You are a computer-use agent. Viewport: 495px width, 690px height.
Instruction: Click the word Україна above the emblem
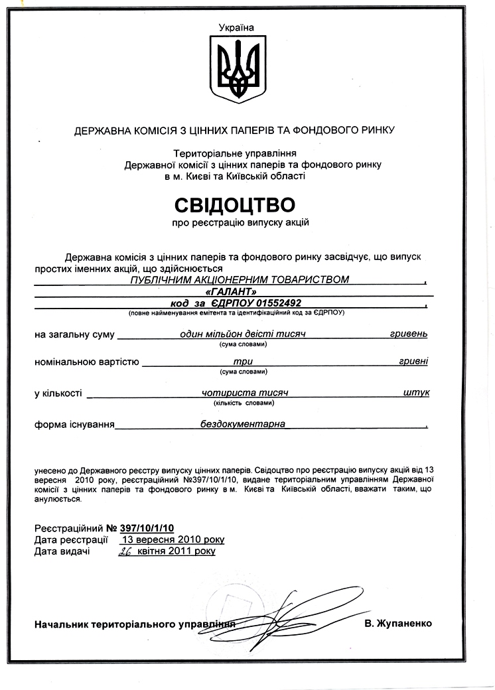236,27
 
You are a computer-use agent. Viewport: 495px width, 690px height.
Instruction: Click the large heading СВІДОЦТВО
234,204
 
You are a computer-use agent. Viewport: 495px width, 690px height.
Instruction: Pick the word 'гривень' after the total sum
409,334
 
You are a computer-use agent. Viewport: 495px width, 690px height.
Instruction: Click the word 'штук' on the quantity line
416,392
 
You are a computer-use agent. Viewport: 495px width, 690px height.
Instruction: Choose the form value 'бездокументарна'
243,423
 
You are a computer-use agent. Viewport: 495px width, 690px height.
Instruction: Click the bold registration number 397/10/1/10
147,527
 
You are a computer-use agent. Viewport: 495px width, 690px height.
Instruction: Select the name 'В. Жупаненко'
398,624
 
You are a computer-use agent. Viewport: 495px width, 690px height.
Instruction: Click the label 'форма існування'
74,423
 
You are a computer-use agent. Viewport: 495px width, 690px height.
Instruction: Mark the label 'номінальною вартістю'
86,362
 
